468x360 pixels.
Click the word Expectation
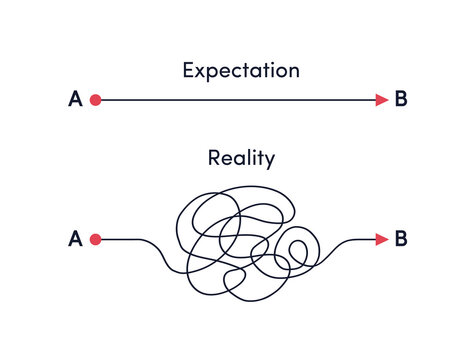click(x=241, y=70)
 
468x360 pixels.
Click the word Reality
click(x=241, y=157)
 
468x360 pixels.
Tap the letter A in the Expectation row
click(x=75, y=99)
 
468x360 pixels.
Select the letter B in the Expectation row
click(x=401, y=99)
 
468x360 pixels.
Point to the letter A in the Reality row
click(x=75, y=239)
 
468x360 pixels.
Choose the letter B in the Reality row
click(x=401, y=239)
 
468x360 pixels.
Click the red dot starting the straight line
click(x=96, y=99)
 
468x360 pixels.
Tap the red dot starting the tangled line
click(x=96, y=239)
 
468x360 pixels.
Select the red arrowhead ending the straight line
click(x=381, y=99)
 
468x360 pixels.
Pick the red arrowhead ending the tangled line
click(x=381, y=239)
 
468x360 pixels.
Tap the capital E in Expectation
click(x=189, y=70)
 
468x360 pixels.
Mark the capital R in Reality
click(x=213, y=157)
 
